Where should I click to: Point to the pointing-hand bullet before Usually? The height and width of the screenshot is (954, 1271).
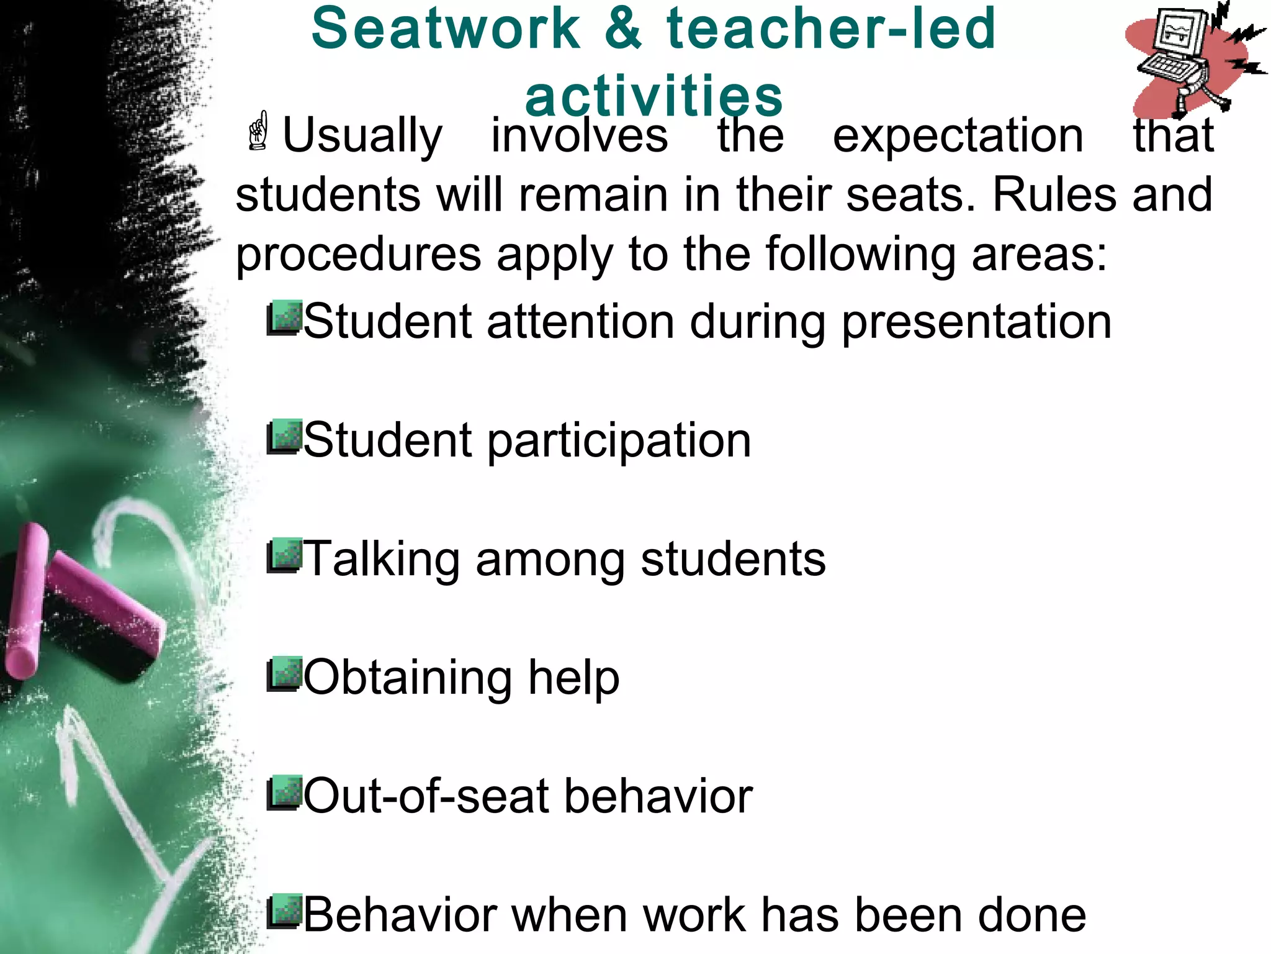258,132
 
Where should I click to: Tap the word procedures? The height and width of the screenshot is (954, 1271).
359,255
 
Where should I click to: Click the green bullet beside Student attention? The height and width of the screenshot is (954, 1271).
285,318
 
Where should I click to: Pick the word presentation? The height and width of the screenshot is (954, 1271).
976,322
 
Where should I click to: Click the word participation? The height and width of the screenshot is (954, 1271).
619,441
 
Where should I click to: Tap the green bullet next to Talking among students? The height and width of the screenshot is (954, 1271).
285,556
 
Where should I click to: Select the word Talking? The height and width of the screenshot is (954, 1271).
382,560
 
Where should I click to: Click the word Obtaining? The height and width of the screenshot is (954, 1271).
408,678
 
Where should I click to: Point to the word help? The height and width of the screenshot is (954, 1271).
573,678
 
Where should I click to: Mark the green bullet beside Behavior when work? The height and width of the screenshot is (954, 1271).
285,912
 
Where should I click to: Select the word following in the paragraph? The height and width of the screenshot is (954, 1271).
860,255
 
